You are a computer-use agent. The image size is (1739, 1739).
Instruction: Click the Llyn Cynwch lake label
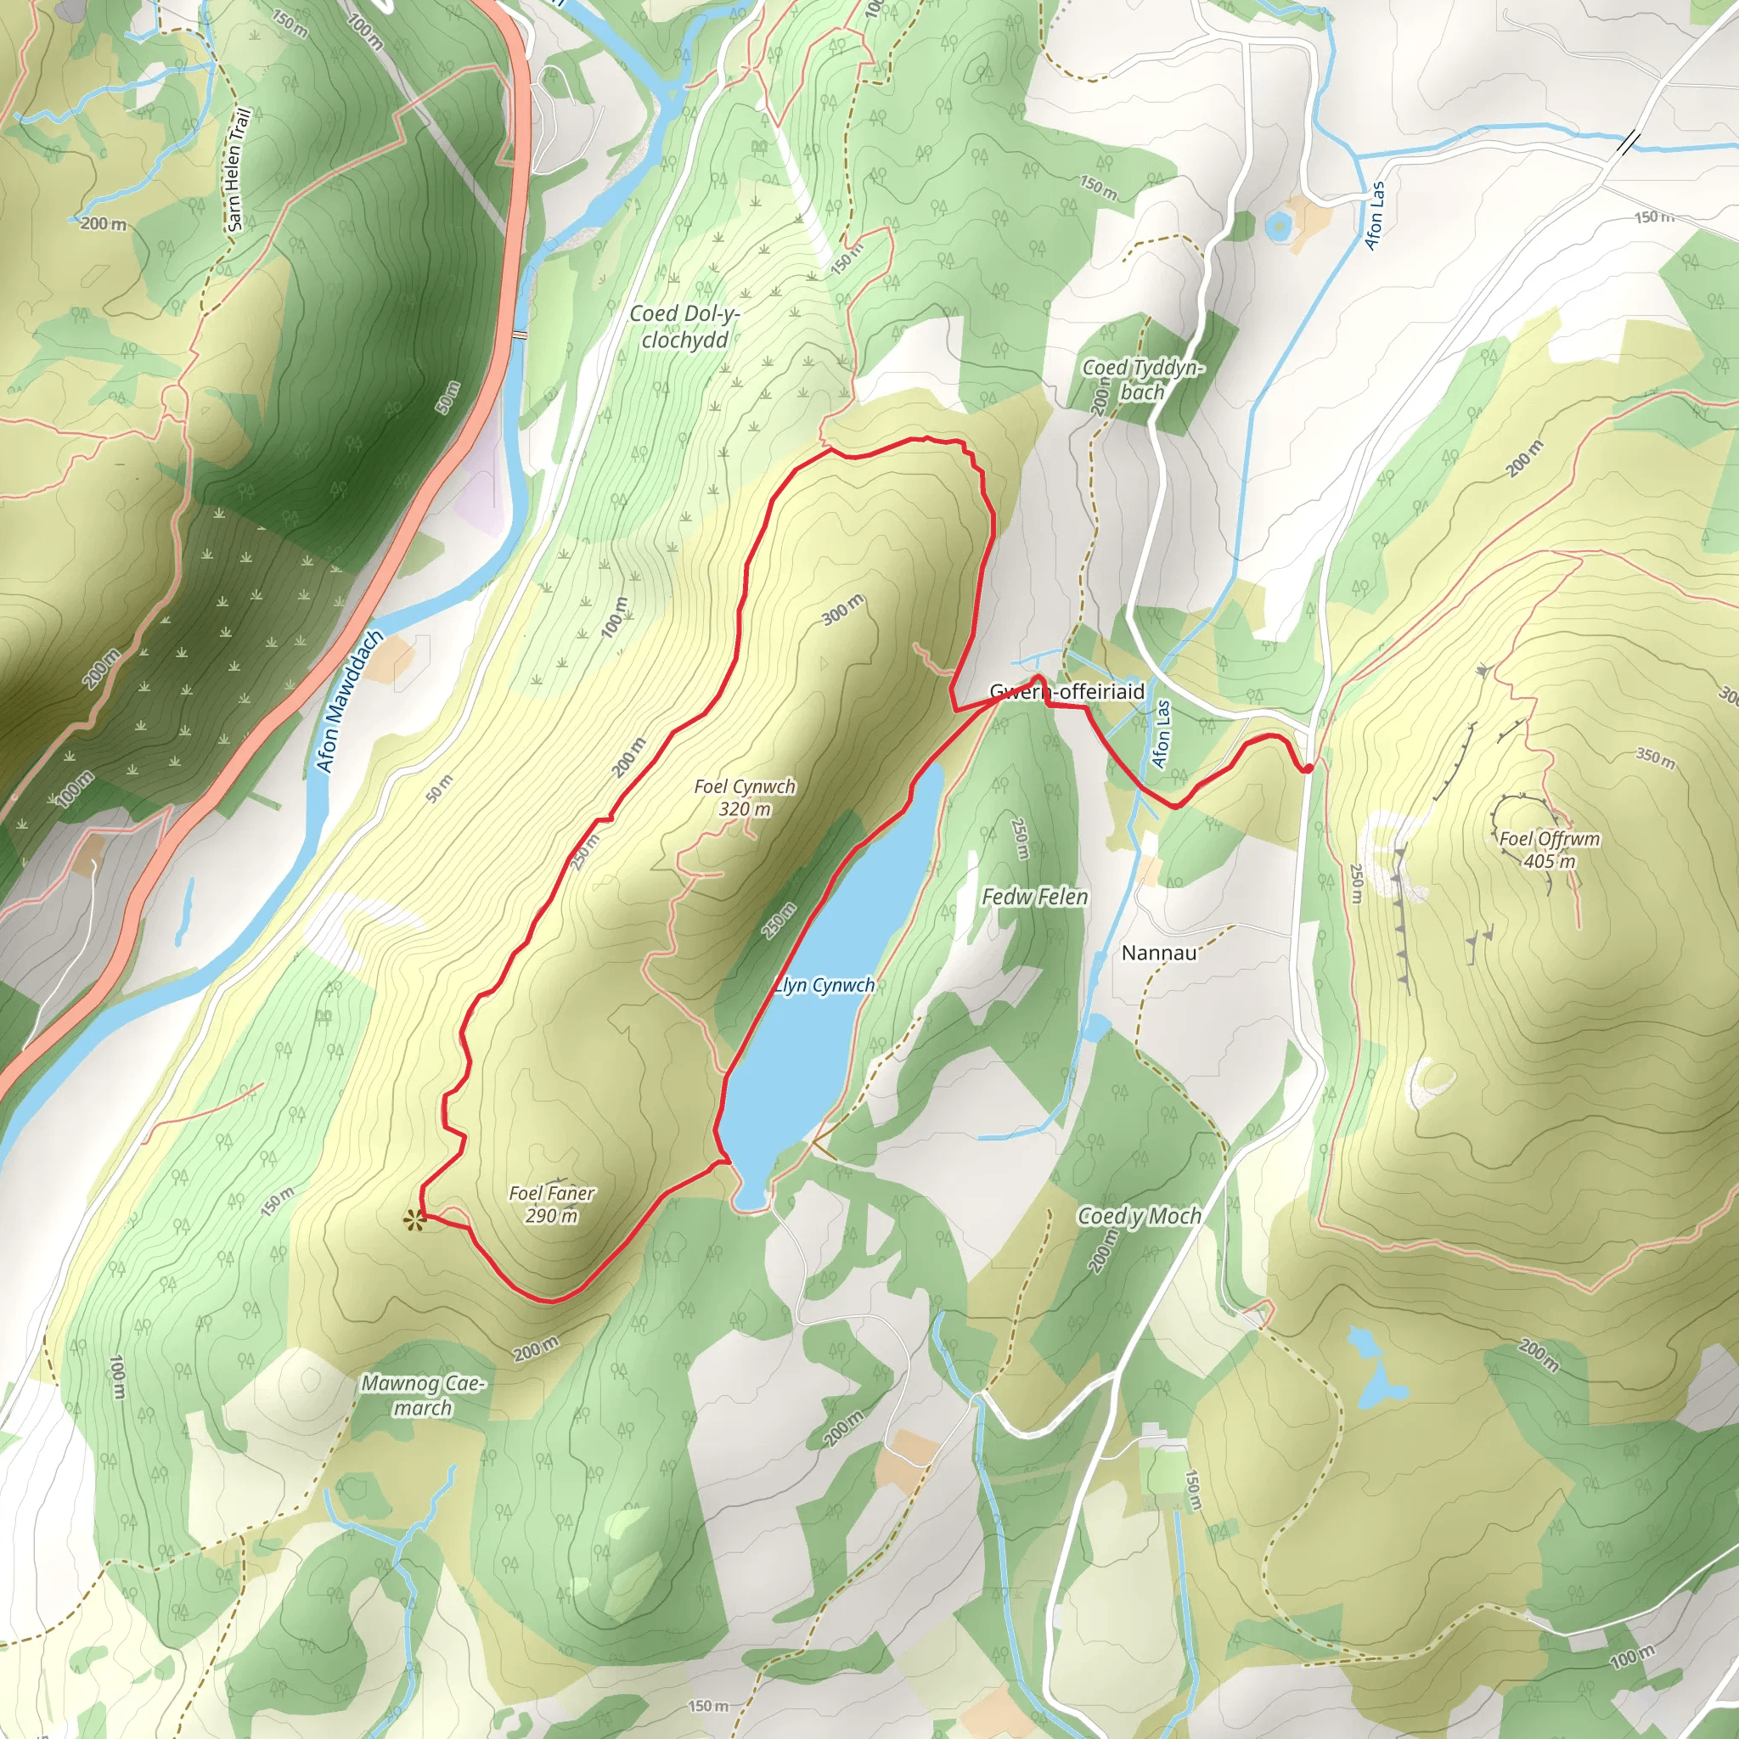click(x=824, y=986)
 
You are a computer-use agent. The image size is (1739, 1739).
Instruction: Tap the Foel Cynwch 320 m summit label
click(x=745, y=797)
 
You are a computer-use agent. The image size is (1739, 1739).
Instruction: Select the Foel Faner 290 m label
click(x=552, y=1204)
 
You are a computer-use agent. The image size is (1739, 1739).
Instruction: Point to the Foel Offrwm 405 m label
click(x=1549, y=850)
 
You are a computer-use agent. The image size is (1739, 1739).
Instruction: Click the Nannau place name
click(x=1158, y=954)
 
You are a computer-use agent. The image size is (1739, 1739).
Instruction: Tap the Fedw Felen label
click(x=1034, y=897)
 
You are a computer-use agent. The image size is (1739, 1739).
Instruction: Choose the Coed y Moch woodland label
click(x=1140, y=1217)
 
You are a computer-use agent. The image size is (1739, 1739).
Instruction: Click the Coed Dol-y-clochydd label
click(x=684, y=326)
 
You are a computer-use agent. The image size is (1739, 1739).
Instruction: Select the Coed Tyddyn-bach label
click(x=1142, y=379)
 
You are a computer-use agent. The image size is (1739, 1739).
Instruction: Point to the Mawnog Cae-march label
click(x=423, y=1395)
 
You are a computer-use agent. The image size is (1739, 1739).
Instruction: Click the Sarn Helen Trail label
click(x=238, y=169)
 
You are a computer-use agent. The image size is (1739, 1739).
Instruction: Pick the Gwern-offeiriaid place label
click(x=1066, y=691)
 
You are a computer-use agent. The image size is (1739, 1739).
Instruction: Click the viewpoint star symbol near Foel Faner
click(x=414, y=1220)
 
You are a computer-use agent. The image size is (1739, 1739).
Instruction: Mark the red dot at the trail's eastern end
click(x=1307, y=768)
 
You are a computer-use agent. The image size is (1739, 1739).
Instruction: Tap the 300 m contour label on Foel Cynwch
click(x=842, y=610)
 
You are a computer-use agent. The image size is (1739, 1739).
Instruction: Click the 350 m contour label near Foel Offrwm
click(x=1655, y=758)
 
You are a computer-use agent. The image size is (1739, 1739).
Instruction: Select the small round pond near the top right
click(x=1277, y=226)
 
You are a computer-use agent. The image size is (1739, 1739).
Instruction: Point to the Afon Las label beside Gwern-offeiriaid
click(x=1162, y=734)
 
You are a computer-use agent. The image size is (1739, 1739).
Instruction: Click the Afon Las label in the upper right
click(x=1375, y=214)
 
